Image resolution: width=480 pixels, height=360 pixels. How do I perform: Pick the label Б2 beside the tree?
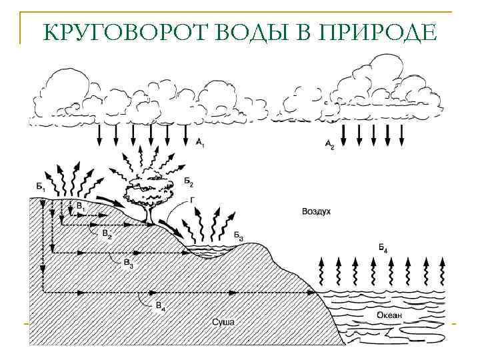click(189, 181)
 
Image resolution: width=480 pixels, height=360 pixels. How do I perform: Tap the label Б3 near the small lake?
click(238, 236)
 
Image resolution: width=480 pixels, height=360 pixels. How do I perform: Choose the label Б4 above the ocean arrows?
click(383, 249)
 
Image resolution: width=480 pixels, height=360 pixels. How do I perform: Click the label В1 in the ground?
click(81, 207)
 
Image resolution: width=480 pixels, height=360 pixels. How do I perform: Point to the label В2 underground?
click(107, 234)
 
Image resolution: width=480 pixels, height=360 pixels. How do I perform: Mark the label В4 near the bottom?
click(161, 305)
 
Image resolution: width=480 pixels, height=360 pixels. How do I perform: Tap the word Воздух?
click(317, 211)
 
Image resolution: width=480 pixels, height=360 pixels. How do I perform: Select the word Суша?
click(224, 322)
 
